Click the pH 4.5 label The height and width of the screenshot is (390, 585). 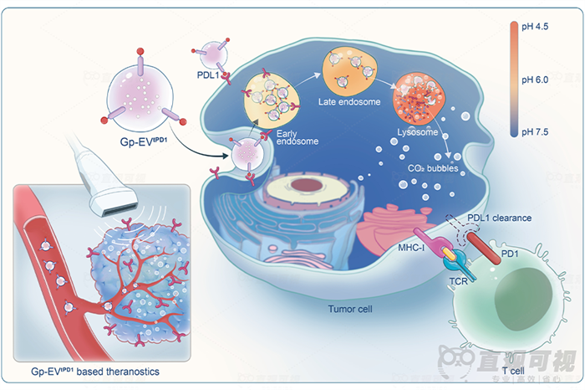tap(536, 28)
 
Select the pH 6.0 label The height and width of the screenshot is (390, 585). tap(536, 80)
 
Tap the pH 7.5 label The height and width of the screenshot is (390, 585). tap(536, 132)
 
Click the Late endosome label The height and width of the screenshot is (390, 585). tap(349, 102)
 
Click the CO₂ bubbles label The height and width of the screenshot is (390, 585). tap(430, 168)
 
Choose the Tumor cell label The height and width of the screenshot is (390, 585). tap(350, 308)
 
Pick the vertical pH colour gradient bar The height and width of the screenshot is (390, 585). tap(512, 80)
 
